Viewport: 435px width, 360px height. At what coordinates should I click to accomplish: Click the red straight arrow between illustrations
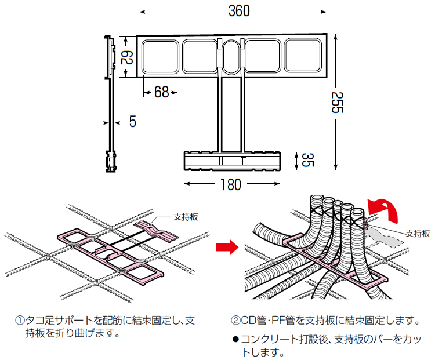[226, 248]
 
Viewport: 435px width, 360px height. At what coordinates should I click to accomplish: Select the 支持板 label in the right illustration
[418, 234]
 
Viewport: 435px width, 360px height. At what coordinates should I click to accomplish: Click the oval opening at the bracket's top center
[231, 57]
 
